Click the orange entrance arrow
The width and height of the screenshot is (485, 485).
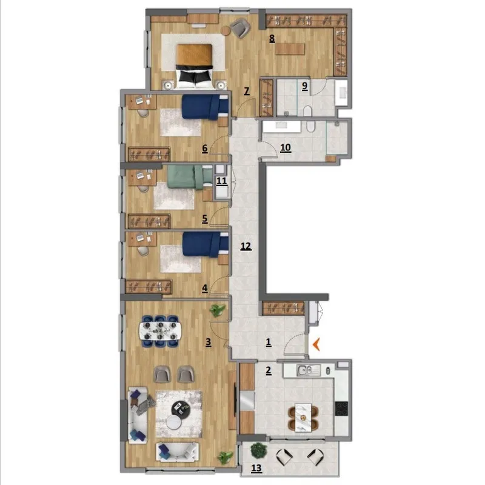316,344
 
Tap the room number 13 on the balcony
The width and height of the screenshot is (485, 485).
256,468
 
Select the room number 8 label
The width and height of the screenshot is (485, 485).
272,39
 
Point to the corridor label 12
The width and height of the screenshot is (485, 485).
246,246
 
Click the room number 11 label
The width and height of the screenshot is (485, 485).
221,181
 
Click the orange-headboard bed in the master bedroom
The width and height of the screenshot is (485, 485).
194,65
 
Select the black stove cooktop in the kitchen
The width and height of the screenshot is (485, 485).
341,409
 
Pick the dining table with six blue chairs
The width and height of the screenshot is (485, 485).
159,331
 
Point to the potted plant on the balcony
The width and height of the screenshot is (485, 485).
258,450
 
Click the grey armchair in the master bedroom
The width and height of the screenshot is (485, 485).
240,28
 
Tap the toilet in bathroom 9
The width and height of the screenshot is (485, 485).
307,112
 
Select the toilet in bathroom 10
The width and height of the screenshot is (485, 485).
310,126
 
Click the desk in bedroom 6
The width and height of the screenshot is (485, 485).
142,101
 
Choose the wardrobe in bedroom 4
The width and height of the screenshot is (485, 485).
149,286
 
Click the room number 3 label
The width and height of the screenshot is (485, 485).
209,342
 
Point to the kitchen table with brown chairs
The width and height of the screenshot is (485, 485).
303,418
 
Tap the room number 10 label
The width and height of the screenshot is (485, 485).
285,147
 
